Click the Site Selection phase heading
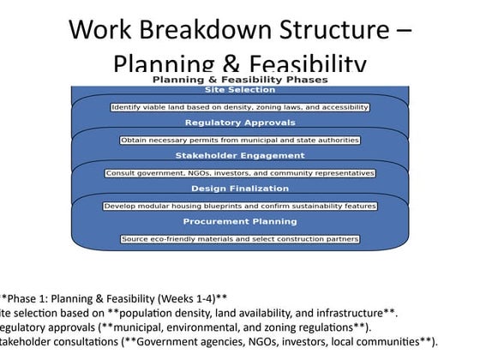240,89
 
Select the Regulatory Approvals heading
240,123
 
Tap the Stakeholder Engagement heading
240,156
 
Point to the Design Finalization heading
240,189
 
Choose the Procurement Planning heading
240,222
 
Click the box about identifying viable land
240,107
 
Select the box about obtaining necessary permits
240,140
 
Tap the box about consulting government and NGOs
240,173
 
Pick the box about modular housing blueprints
240,206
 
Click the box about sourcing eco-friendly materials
240,238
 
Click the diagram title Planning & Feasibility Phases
240,79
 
